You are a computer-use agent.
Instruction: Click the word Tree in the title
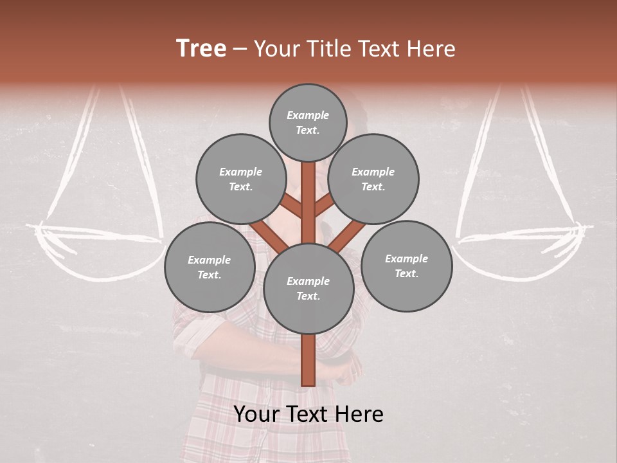point(201,49)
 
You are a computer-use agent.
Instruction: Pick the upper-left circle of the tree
point(241,179)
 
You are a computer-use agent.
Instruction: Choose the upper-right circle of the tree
point(373,179)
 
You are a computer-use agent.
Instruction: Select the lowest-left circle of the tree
point(209,267)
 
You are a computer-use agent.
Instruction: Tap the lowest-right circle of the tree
point(407,266)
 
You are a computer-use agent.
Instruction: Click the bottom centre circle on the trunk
point(308,288)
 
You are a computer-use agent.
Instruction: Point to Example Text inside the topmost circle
point(308,122)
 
